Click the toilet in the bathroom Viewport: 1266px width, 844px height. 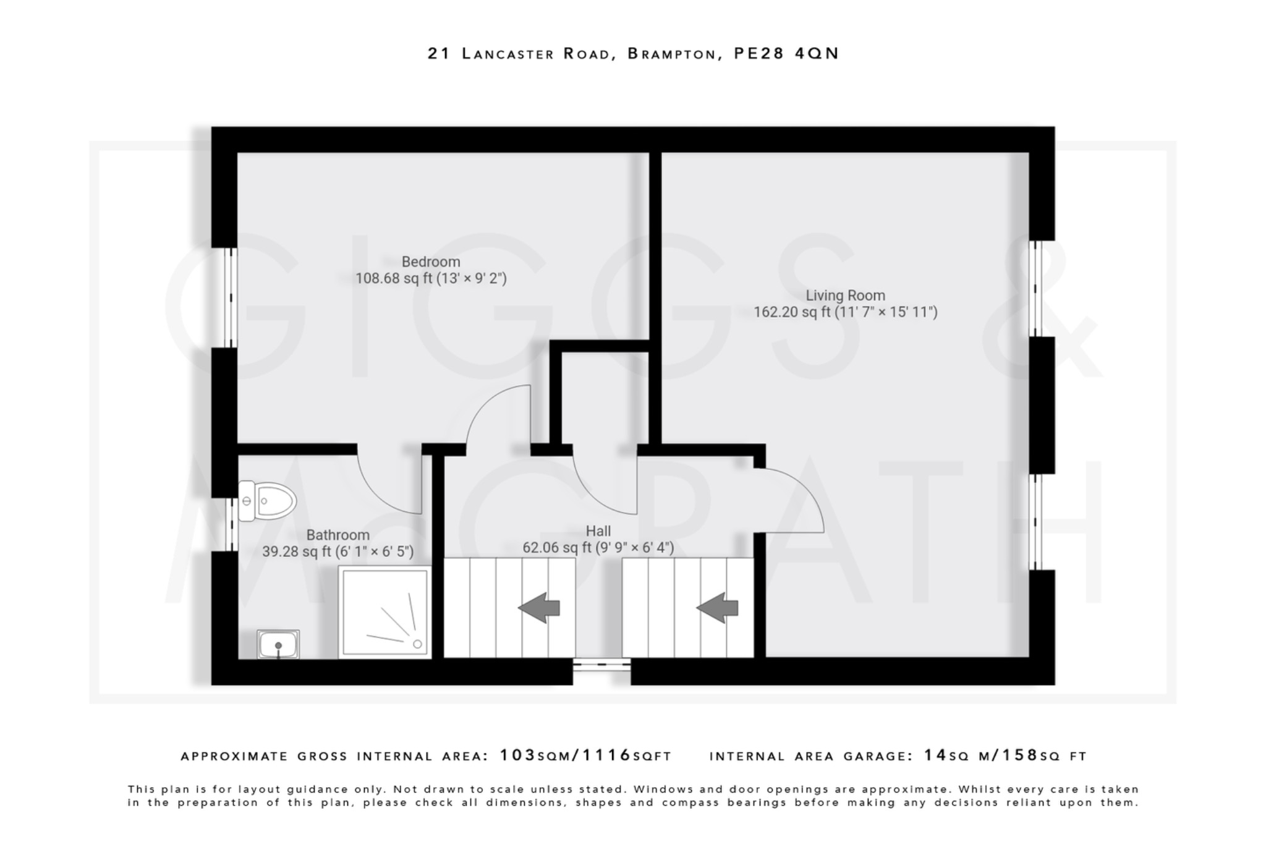click(x=267, y=501)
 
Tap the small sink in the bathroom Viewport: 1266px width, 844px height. click(x=278, y=645)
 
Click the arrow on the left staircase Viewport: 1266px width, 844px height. click(x=539, y=607)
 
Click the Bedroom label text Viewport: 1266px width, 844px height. click(x=431, y=262)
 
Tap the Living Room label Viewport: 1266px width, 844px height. click(x=845, y=296)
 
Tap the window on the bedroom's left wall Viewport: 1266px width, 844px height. click(x=230, y=297)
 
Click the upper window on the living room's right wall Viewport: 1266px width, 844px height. click(x=1037, y=288)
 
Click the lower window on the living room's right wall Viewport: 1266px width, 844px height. click(x=1037, y=521)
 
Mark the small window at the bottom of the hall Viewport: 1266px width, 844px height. click(x=601, y=665)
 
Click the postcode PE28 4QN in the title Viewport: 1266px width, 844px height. click(x=786, y=54)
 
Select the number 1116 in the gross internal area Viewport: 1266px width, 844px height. click(x=606, y=756)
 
